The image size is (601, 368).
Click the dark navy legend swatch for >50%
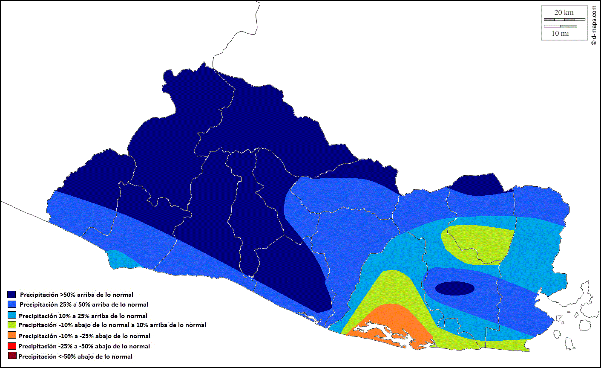[12, 295]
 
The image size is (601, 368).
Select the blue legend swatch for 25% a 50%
[12, 304]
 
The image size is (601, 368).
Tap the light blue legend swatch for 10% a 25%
[12, 316]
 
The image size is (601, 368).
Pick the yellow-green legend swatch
[12, 325]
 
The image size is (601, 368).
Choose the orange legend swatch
[12, 336]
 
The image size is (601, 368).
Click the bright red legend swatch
[12, 346]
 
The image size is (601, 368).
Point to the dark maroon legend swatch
[12, 356]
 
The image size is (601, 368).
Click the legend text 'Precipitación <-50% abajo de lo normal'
[75, 356]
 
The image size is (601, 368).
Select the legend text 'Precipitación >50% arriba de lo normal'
[77, 295]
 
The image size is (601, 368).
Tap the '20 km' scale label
[564, 13]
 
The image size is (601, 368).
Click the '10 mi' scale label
[560, 33]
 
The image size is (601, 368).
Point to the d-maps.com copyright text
[594, 25]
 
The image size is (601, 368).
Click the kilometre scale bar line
[564, 20]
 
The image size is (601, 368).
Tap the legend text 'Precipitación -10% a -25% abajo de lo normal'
[84, 336]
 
